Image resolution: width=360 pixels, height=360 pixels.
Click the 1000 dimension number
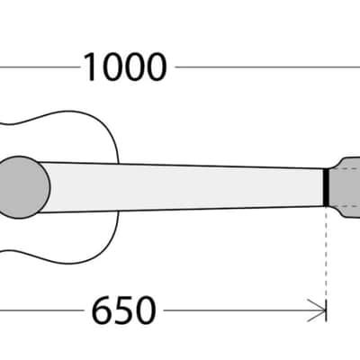[x=125, y=67]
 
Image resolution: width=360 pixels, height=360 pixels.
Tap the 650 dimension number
[x=123, y=310]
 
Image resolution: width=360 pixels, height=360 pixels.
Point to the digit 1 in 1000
[x=91, y=67]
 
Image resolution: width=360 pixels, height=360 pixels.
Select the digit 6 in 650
[x=102, y=310]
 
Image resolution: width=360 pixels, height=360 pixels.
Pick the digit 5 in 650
[x=123, y=310]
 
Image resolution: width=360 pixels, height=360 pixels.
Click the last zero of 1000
[x=156, y=67]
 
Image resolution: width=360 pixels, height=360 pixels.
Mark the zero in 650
[x=146, y=310]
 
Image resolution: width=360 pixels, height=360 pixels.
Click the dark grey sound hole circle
[x=20, y=187]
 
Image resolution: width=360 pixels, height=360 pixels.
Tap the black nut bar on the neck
[x=326, y=187]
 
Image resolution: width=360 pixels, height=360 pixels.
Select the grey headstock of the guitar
[x=345, y=187]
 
